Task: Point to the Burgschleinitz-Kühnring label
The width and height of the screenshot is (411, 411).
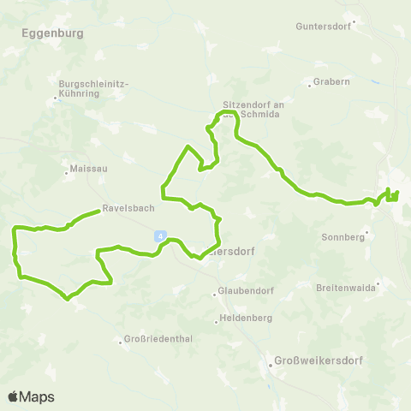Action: click(92, 88)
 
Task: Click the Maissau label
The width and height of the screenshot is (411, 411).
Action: click(90, 170)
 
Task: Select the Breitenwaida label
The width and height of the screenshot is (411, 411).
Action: click(348, 287)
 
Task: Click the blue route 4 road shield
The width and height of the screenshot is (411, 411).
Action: click(159, 235)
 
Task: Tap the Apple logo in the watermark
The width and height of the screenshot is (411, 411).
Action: click(14, 396)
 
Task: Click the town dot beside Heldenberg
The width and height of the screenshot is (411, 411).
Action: click(217, 322)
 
